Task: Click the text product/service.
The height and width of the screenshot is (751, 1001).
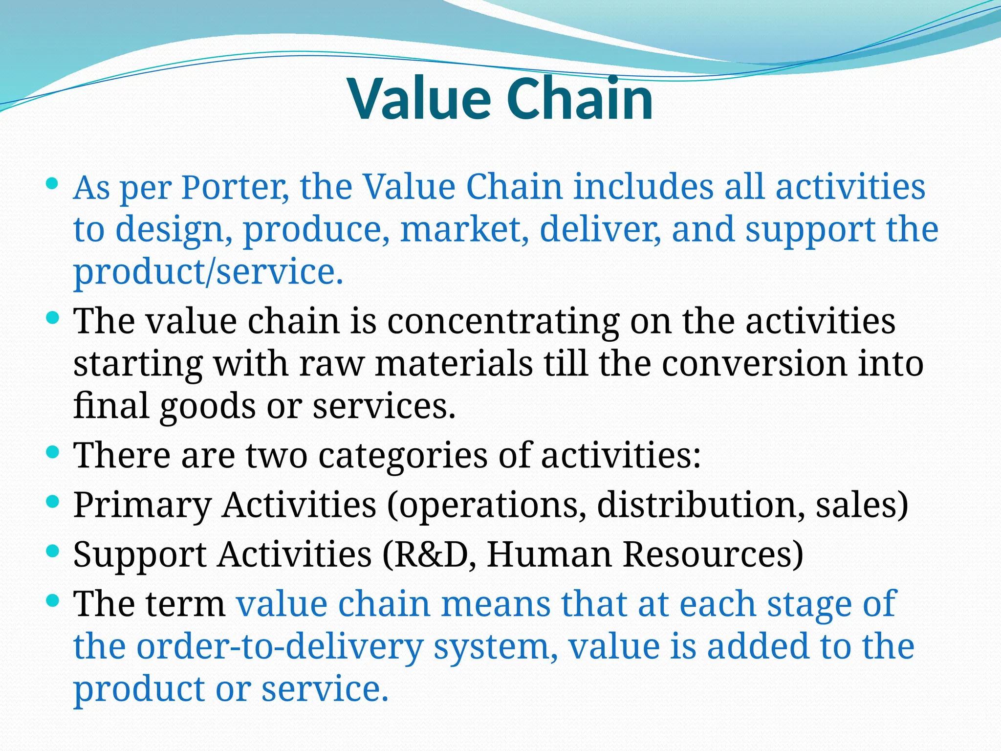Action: pos(208,272)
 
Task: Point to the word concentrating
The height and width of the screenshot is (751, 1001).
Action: pos(503,322)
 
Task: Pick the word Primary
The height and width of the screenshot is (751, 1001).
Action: pos(142,506)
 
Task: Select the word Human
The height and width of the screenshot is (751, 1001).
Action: pos(549,554)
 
